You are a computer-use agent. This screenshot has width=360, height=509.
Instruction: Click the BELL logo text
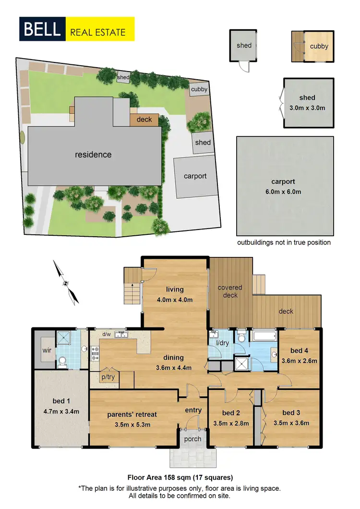click(x=41, y=29)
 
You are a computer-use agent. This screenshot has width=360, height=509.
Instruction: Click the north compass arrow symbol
click(x=66, y=282)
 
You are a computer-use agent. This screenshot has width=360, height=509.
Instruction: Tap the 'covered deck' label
click(x=230, y=291)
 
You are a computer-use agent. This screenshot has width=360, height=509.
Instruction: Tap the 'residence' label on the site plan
click(x=93, y=155)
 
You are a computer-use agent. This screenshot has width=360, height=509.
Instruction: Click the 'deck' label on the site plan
click(x=144, y=120)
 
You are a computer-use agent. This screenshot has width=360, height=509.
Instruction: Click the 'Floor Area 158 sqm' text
click(x=180, y=477)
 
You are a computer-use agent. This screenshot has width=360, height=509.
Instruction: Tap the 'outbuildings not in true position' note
click(x=284, y=242)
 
